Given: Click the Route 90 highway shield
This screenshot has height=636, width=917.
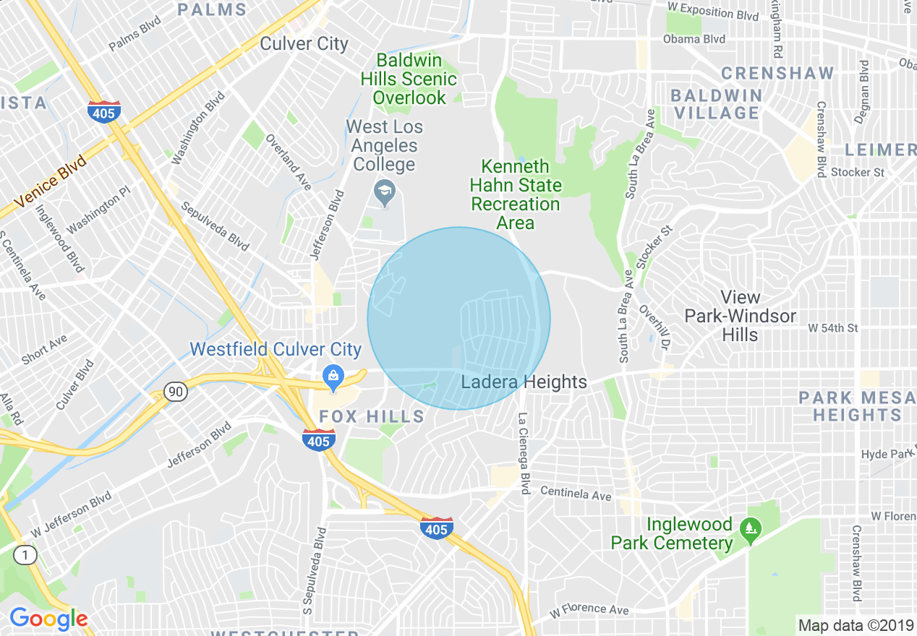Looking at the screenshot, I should (175, 392).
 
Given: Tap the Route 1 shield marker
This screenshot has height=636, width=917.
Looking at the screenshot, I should (26, 555).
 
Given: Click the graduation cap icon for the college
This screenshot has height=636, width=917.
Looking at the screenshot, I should (384, 192).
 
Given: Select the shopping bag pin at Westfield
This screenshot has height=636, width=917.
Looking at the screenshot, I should (333, 376).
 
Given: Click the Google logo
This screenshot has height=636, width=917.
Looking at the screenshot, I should (48, 619).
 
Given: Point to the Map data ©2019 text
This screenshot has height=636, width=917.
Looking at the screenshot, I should (855, 625).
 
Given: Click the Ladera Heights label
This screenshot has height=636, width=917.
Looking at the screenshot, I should (524, 382).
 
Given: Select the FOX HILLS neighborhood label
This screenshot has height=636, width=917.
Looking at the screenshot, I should (372, 416).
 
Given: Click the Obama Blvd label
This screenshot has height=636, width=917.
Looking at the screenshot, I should (694, 39).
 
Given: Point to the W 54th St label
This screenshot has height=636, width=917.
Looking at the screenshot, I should (832, 328).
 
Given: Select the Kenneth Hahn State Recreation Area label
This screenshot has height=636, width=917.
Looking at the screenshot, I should (516, 194).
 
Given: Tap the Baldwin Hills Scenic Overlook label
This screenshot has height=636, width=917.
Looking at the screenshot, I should (410, 79).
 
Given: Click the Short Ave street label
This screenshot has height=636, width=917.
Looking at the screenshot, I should (45, 348).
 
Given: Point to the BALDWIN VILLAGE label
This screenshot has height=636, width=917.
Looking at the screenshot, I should (716, 104).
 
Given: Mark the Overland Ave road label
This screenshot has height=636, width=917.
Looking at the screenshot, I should (288, 162).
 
